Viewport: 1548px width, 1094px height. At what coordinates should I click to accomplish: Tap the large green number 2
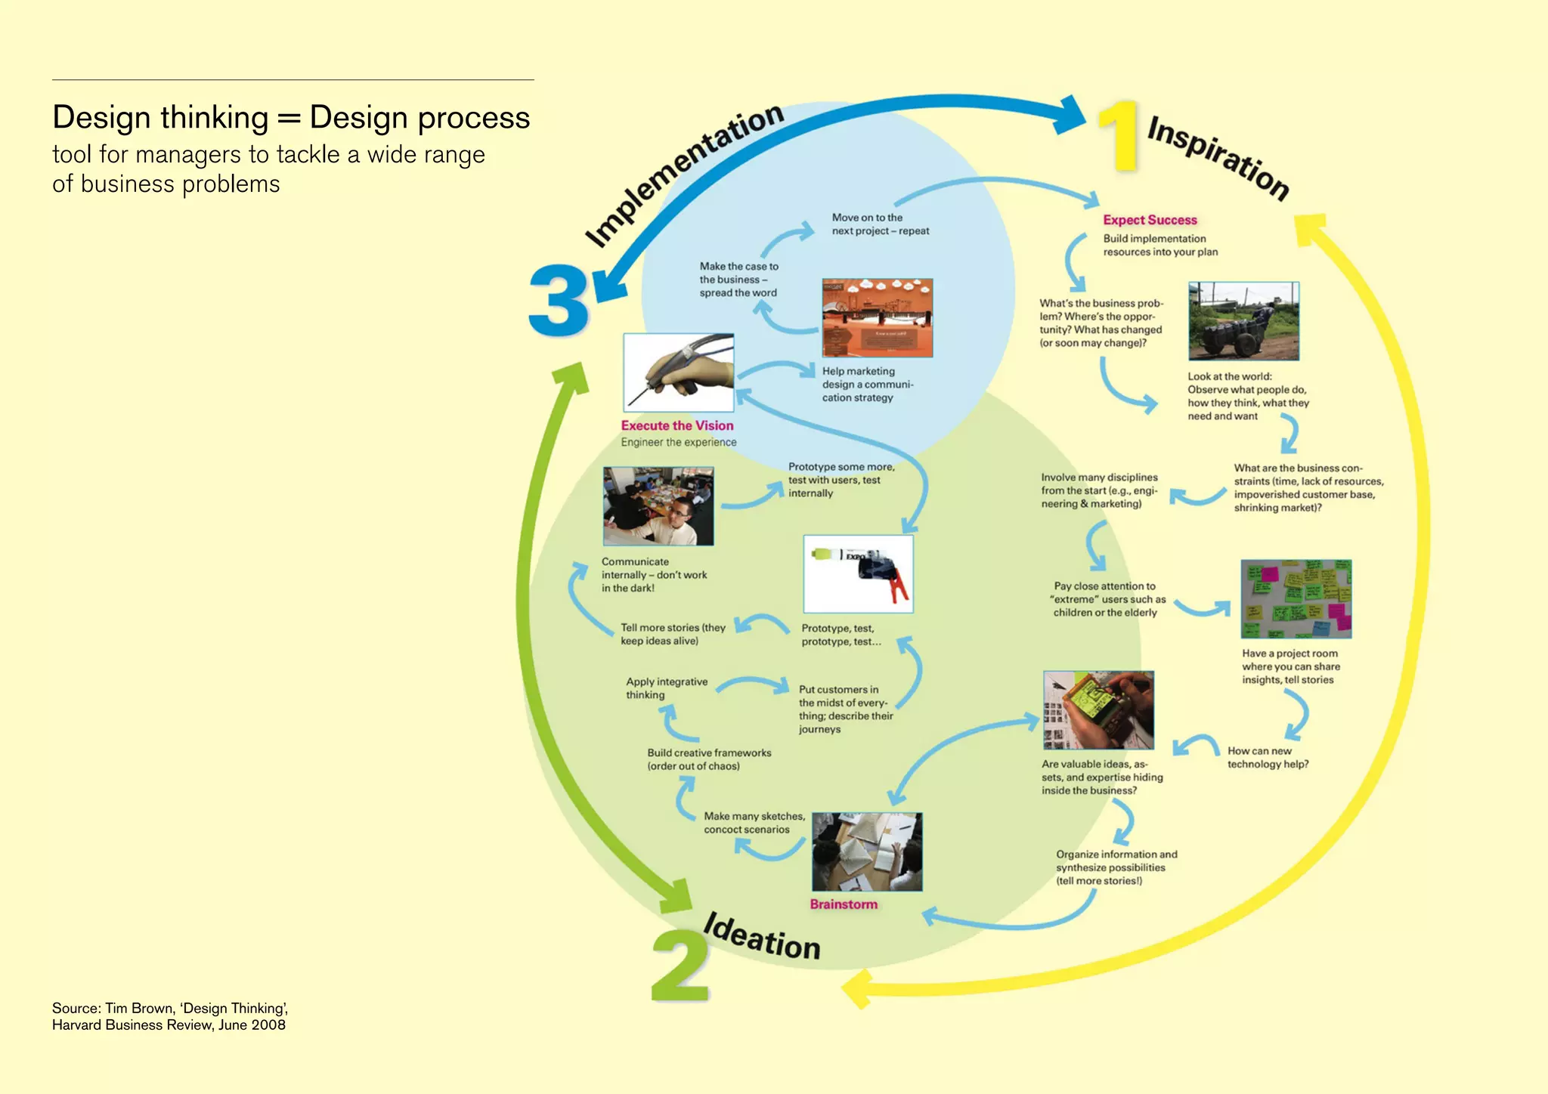tap(680, 965)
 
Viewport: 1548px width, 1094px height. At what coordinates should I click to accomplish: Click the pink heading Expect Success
tap(1150, 220)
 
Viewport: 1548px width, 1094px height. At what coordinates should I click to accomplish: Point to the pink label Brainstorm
tap(844, 904)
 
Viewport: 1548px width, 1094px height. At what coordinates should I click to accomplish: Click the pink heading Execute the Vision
tap(677, 425)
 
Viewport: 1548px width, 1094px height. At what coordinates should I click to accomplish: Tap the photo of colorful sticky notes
tap(1296, 599)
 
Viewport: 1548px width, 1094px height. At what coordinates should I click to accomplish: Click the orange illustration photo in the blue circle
tap(877, 317)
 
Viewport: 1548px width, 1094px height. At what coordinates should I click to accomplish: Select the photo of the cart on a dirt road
tap(1243, 321)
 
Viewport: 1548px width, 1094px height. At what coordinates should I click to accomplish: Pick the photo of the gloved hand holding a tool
tap(678, 372)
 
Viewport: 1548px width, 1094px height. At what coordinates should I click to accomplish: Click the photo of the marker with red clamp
tap(858, 573)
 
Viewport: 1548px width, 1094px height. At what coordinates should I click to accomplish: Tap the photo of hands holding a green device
tap(1098, 709)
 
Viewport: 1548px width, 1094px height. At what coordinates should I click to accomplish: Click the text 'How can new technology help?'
tap(1268, 757)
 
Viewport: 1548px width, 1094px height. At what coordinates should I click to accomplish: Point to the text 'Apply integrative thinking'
tap(666, 688)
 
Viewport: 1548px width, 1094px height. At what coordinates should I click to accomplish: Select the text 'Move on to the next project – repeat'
tap(880, 224)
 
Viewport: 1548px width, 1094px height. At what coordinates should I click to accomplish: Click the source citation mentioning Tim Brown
tap(169, 1016)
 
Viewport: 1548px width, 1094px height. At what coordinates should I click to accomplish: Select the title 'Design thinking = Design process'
tap(291, 118)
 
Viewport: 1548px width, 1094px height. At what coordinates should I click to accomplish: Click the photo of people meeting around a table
tap(658, 505)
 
